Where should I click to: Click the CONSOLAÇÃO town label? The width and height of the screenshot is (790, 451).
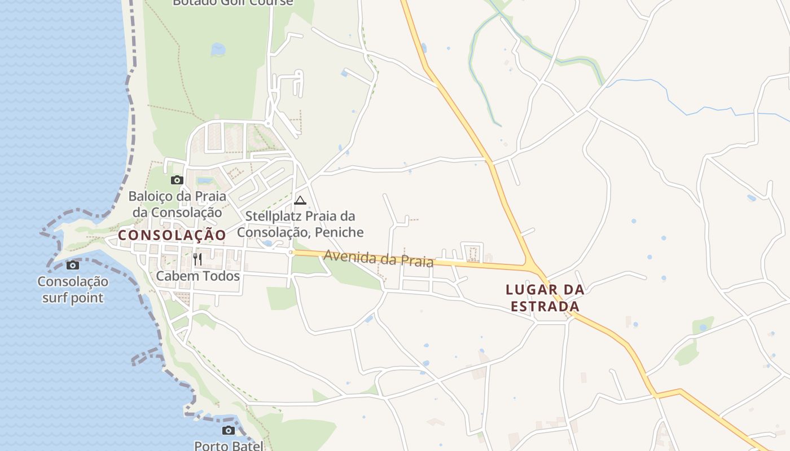click(172, 235)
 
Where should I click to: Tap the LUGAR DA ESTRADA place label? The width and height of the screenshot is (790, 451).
click(545, 298)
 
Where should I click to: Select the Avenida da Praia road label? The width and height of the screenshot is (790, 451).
click(378, 259)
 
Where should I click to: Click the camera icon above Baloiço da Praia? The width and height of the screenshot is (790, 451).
click(177, 180)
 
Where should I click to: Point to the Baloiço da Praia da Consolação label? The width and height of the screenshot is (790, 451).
click(177, 204)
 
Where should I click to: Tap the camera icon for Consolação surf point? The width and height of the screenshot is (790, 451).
click(73, 265)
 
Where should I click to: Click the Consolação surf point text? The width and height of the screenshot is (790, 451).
click(73, 289)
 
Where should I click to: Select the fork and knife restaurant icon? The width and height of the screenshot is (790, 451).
click(197, 259)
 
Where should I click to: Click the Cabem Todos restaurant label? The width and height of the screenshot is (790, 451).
click(198, 276)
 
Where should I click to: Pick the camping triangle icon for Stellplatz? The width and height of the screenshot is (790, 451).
click(300, 200)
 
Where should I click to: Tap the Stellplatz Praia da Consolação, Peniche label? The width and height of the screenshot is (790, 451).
click(300, 224)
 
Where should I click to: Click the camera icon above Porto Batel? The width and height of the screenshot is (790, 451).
click(228, 430)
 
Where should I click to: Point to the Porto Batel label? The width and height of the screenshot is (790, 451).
click(229, 445)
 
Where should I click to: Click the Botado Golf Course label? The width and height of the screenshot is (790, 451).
click(233, 2)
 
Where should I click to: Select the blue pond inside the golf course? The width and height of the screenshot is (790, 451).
click(218, 50)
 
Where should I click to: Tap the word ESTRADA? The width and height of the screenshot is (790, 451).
click(545, 307)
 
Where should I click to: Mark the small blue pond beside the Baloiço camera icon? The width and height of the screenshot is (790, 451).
click(205, 181)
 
